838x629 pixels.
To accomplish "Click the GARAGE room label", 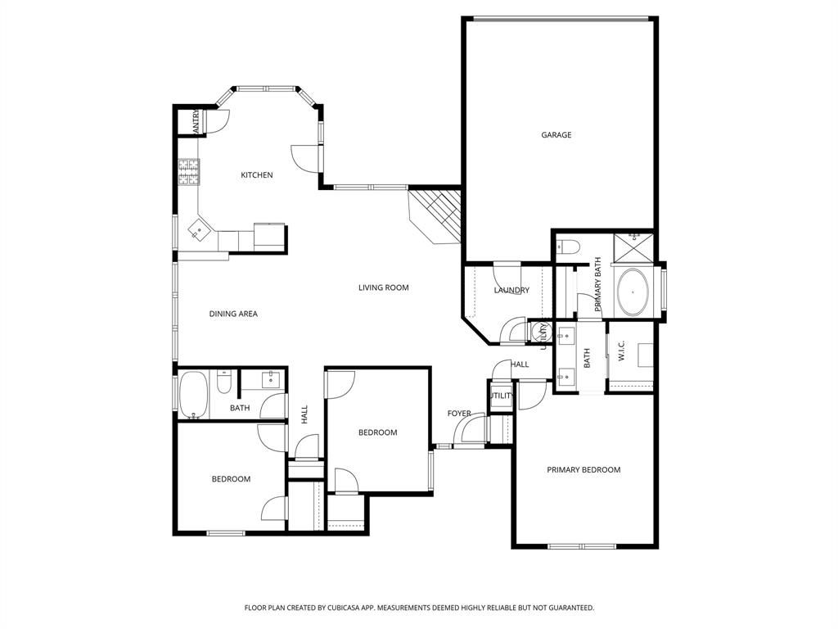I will tap(556, 135).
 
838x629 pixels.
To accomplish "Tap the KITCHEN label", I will tap(256, 175).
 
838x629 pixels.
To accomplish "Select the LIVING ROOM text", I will tap(383, 287).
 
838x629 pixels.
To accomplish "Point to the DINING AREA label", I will tap(233, 314).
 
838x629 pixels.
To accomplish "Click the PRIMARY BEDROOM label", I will tap(583, 470).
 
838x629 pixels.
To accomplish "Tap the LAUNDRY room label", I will tap(511, 291).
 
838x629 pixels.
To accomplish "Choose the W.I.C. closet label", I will tap(622, 352).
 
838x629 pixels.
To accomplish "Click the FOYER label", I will tap(459, 414).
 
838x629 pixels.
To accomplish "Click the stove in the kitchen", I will tap(189, 171).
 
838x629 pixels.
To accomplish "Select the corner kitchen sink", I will tap(198, 230).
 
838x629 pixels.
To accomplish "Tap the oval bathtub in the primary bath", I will tap(632, 292).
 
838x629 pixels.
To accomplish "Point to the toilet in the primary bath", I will tap(569, 245).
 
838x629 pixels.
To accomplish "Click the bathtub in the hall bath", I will tap(194, 394).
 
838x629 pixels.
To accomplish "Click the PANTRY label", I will tap(196, 122).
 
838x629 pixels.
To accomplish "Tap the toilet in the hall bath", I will tap(224, 381).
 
